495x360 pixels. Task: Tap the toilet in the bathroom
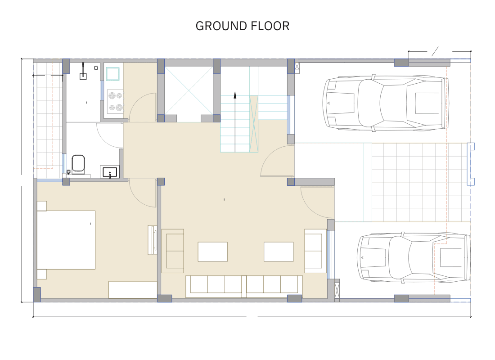click(78, 163)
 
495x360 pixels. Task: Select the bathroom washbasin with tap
click(109, 172)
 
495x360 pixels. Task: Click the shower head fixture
click(84, 75)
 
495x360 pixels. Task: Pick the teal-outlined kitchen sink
click(112, 73)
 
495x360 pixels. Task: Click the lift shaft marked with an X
click(188, 91)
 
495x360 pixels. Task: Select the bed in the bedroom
click(66, 239)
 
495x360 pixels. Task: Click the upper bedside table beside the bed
click(42, 206)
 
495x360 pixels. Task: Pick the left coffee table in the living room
click(212, 252)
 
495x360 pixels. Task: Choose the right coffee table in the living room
click(278, 252)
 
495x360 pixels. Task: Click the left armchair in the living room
click(173, 251)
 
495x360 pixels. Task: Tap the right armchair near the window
click(315, 251)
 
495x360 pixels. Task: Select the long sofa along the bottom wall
click(244, 286)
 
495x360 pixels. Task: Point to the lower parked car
click(413, 258)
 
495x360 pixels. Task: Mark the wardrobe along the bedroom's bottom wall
click(133, 289)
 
